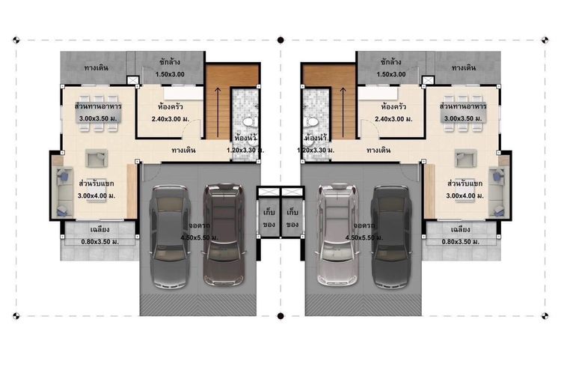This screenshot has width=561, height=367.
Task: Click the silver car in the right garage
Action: tap(337, 235)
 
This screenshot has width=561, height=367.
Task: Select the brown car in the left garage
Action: tap(224, 235)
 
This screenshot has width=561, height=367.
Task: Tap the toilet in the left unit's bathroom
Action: tap(248, 121)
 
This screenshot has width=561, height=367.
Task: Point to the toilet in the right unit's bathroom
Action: tap(312, 121)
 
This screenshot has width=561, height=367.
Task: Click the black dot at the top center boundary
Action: tap(280, 40)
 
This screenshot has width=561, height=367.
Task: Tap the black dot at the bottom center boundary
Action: tap(280, 316)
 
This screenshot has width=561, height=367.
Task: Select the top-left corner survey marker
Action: tap(16, 40)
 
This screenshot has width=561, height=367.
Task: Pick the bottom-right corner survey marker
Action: tap(545, 316)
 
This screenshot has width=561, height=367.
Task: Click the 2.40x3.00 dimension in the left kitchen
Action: tap(171, 119)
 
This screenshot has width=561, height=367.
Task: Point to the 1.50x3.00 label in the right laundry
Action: tap(391, 74)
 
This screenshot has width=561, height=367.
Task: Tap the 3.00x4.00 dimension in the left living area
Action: tap(96, 195)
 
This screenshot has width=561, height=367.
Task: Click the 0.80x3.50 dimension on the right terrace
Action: tap(461, 242)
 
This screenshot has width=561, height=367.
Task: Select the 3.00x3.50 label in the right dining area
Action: tap(463, 118)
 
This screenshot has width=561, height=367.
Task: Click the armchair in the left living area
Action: tap(96, 158)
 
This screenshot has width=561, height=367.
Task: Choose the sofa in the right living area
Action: tap(497, 192)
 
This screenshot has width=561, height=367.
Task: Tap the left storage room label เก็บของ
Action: tap(269, 218)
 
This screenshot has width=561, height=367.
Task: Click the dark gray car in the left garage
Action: tap(169, 237)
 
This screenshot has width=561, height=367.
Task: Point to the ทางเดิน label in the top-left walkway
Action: tap(96, 67)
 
